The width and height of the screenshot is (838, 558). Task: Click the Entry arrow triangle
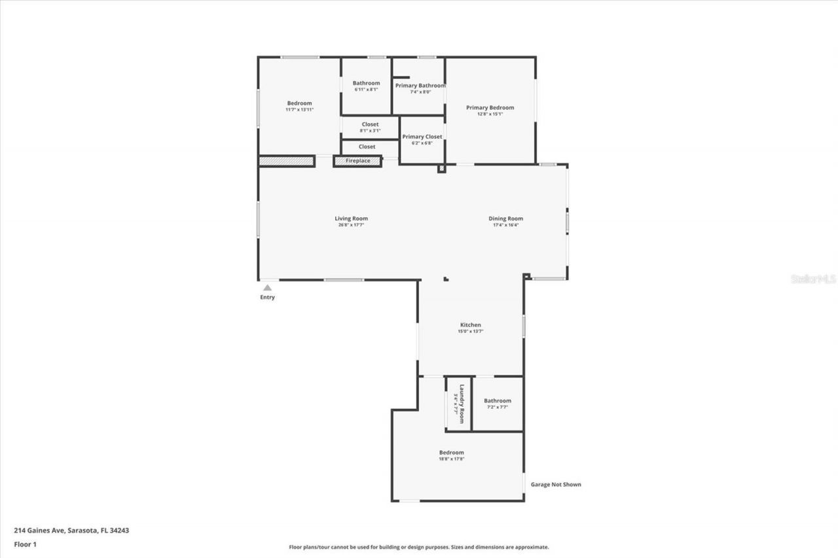[267, 287]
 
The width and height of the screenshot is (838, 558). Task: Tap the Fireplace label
[358, 161]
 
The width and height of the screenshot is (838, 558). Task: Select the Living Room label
[351, 218]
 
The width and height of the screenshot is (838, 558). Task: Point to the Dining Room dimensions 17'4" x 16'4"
[505, 225]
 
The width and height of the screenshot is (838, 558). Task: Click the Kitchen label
[470, 324]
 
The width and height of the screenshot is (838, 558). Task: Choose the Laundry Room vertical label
[462, 403]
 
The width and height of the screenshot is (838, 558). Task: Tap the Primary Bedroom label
[490, 107]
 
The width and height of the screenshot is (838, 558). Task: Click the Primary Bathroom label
[420, 86]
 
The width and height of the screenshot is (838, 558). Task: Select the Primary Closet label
[422, 137]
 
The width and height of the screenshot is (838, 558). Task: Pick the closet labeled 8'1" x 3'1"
[370, 127]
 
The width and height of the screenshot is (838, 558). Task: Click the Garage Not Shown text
[556, 485]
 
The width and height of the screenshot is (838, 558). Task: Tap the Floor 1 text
[26, 544]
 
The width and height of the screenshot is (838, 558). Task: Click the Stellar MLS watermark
[813, 279]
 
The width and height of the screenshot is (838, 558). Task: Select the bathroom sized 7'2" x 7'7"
[497, 404]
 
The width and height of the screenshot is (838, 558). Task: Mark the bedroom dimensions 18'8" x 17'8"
[451, 459]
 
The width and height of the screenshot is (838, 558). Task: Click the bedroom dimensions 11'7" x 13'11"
[299, 109]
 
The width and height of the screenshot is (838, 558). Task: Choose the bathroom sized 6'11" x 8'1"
[366, 86]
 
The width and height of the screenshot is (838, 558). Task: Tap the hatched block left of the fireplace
[286, 161]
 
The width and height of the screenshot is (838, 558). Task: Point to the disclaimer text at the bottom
[419, 548]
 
